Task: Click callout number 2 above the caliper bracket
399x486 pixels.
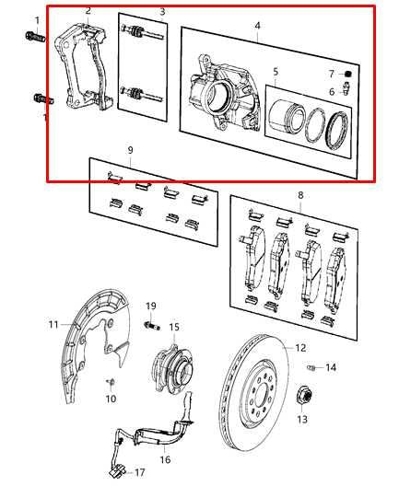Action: [88, 11]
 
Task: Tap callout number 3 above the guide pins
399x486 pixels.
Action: [162, 12]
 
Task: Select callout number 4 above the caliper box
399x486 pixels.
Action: [258, 26]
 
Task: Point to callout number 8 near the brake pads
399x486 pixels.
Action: [300, 195]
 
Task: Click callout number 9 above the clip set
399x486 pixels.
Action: [131, 149]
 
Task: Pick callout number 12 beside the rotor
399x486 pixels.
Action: [299, 348]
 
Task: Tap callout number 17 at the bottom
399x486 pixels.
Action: [140, 472]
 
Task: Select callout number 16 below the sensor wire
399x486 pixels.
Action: [165, 459]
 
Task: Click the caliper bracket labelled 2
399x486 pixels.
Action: [81, 69]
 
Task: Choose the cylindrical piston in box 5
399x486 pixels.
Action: [286, 120]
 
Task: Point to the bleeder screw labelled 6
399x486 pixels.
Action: [345, 89]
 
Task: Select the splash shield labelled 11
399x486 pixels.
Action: [92, 341]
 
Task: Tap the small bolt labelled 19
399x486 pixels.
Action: [152, 324]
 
